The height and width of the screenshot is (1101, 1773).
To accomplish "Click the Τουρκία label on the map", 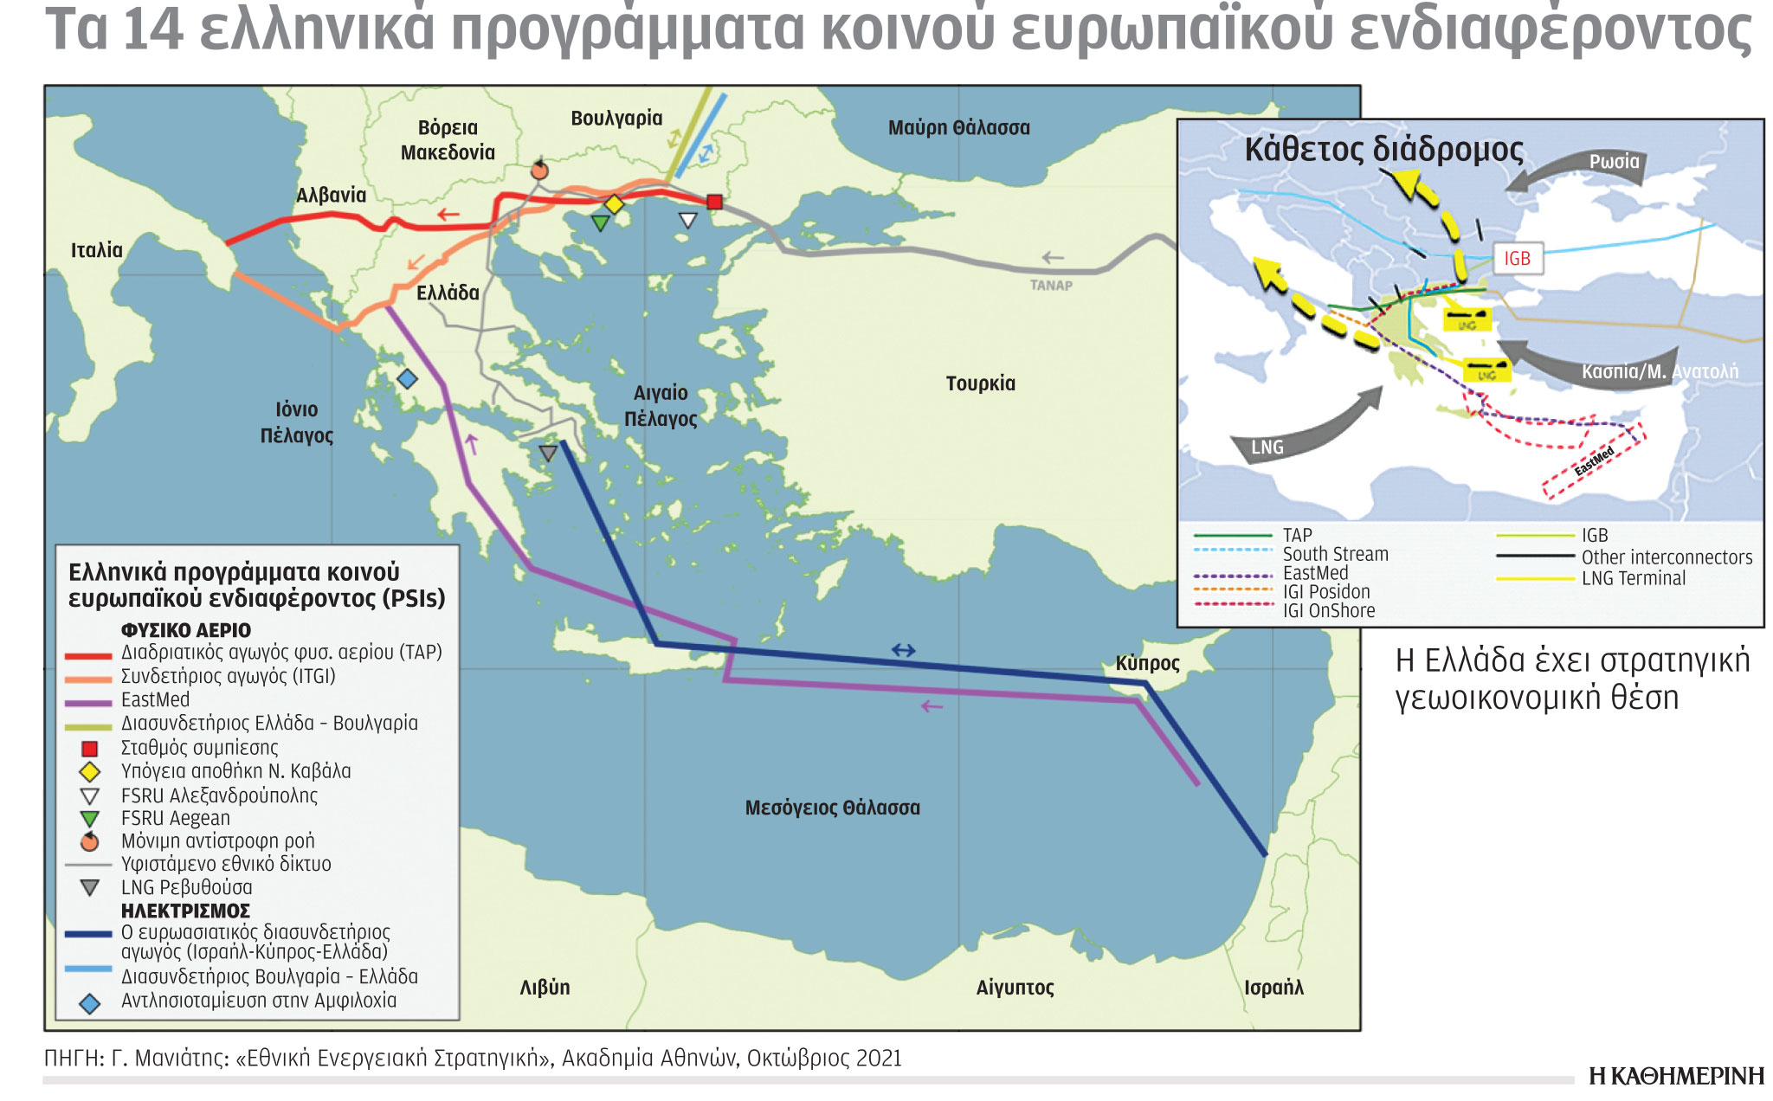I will (x=980, y=383).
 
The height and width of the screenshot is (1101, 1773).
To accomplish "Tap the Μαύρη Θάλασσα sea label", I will (x=958, y=128).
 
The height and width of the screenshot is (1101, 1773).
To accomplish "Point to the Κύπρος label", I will (x=1147, y=664).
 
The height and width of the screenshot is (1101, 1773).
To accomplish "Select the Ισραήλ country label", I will (x=1273, y=988).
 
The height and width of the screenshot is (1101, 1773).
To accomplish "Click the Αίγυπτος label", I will (x=1015, y=988).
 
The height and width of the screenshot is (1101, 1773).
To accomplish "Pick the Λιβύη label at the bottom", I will (x=545, y=988).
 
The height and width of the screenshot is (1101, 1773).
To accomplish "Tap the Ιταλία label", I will (x=97, y=250).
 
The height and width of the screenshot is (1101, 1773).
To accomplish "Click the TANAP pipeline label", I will (x=1051, y=286).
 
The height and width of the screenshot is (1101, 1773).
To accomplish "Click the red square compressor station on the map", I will (x=714, y=202).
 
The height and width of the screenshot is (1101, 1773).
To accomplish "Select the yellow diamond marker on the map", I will (x=614, y=205).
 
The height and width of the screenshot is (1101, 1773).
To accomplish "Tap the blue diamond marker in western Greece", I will (x=407, y=378).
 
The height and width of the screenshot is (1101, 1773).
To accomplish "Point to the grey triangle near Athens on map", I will (x=548, y=453).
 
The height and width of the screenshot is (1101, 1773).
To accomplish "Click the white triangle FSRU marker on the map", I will (x=687, y=220).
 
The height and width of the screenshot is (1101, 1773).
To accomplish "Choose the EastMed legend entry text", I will (x=155, y=699).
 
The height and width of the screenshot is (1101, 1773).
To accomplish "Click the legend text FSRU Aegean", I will (x=175, y=818).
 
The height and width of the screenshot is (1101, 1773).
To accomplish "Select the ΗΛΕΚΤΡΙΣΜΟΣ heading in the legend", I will (x=185, y=911).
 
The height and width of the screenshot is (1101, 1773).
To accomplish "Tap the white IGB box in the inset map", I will (x=1517, y=259).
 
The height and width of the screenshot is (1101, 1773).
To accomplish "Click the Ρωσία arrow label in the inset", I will (x=1614, y=162).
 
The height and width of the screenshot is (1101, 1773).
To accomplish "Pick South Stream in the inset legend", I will (x=1335, y=554).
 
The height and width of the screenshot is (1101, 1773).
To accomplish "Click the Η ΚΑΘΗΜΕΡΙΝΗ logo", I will (x=1676, y=1076).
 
